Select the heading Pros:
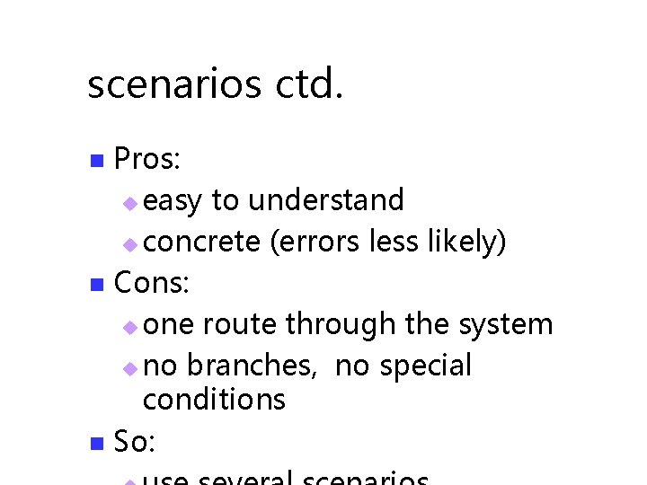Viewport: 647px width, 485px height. pos(149,160)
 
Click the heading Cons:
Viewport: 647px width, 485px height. pos(152,284)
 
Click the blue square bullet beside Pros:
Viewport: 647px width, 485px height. pos(98,163)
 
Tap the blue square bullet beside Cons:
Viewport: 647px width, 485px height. pos(98,287)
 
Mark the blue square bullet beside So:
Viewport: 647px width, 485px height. pos(98,444)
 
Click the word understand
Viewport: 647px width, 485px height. pos(326,199)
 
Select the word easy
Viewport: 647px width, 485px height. pos(173,201)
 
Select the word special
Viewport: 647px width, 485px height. pos(425,366)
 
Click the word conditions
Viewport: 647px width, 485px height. pos(214,399)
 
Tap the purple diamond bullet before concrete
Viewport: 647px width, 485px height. pos(130,244)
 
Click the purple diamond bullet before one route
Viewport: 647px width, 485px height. pos(130,327)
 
